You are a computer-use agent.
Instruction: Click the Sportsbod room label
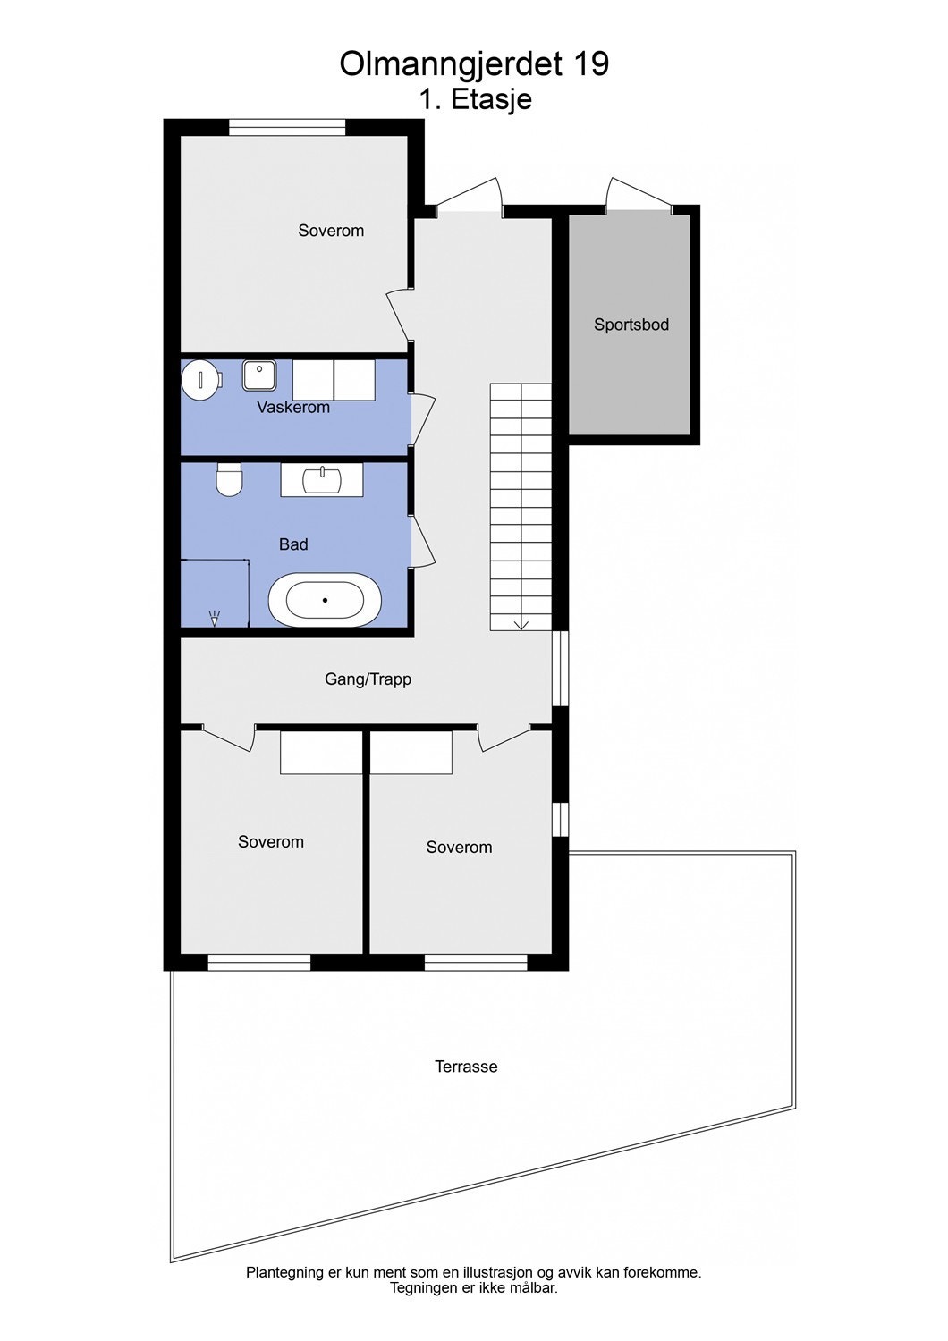[x=631, y=325]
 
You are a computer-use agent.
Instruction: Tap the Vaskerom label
[x=293, y=408]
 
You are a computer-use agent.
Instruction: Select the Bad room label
[x=293, y=544]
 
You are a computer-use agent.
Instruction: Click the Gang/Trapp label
[x=368, y=679]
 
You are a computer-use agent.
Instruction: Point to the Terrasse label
[x=466, y=1067]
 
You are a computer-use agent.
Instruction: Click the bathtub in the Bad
[x=325, y=600]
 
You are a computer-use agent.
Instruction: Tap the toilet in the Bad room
[x=230, y=480]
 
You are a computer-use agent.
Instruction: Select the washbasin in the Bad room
[x=322, y=480]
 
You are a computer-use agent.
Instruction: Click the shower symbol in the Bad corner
[x=215, y=617]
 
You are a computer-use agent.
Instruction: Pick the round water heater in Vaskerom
[x=200, y=380]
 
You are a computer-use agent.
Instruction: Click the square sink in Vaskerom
[x=259, y=375]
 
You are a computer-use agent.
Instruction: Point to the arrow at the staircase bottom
[x=521, y=624]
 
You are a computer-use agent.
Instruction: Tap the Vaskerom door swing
[x=423, y=419]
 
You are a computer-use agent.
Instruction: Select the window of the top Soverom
[x=287, y=128]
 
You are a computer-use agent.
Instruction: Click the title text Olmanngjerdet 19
[x=474, y=64]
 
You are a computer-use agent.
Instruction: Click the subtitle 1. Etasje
[x=475, y=99]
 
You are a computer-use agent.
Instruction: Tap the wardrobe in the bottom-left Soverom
[x=321, y=753]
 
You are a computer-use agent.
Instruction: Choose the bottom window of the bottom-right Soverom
[x=476, y=962]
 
